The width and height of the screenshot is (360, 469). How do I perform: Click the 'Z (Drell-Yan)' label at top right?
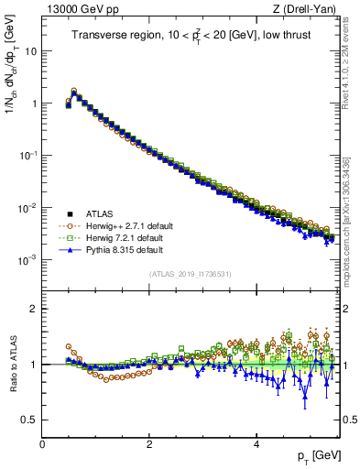click(306, 9)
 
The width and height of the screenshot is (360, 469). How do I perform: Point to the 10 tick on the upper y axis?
click(31, 51)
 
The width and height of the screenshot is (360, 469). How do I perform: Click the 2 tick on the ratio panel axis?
click(34, 309)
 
